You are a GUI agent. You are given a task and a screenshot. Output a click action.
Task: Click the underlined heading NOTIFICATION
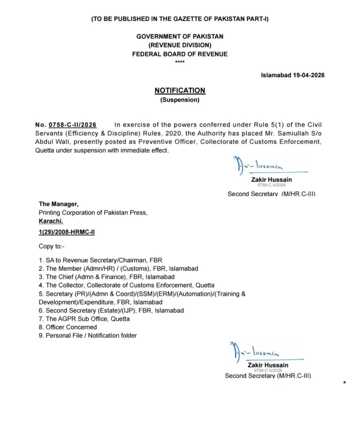click(180, 90)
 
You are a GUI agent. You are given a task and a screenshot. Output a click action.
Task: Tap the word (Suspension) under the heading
click(180, 100)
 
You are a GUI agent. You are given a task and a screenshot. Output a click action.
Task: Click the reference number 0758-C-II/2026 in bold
click(73, 125)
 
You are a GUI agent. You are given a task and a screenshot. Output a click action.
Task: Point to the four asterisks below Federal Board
click(180, 62)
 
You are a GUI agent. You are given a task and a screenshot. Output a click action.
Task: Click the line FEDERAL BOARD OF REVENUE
click(180, 54)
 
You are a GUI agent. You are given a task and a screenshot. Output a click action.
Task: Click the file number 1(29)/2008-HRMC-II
click(66, 232)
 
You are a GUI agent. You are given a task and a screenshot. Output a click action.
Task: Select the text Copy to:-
click(52, 246)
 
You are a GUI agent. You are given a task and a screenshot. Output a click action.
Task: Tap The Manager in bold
click(58, 204)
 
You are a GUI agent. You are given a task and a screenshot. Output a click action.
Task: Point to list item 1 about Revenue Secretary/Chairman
click(93, 260)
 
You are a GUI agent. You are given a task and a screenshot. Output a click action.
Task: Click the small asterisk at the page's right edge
click(345, 382)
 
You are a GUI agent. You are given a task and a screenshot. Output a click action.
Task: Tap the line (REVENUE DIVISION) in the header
click(180, 45)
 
